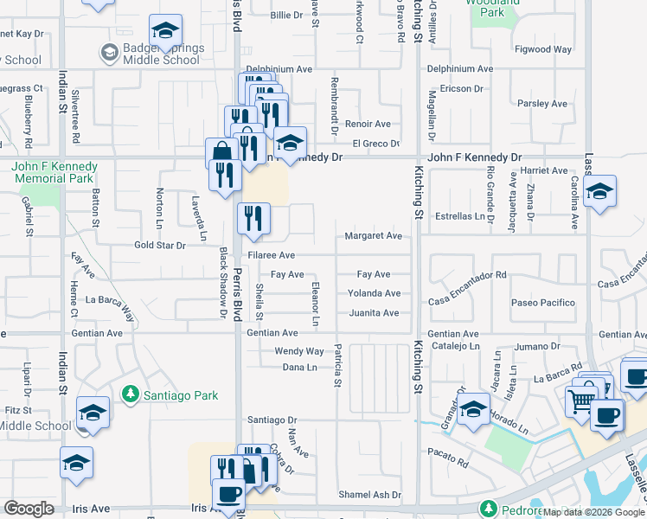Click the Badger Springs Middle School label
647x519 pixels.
click(x=162, y=54)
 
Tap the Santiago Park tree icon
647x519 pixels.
click(x=131, y=394)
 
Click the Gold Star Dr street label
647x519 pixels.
click(x=160, y=246)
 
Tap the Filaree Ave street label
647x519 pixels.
click(x=272, y=256)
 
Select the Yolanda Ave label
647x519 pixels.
click(x=374, y=294)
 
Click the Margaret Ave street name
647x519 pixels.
click(x=374, y=236)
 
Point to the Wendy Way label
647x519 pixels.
click(x=298, y=352)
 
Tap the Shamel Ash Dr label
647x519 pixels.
click(x=370, y=495)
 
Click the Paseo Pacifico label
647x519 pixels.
click(x=542, y=303)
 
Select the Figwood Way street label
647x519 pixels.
click(x=542, y=50)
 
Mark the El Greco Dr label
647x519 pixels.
click(x=375, y=144)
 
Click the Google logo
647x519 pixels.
click(x=29, y=509)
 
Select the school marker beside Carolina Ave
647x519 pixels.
click(x=599, y=190)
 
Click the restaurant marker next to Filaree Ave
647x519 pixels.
click(x=253, y=219)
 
